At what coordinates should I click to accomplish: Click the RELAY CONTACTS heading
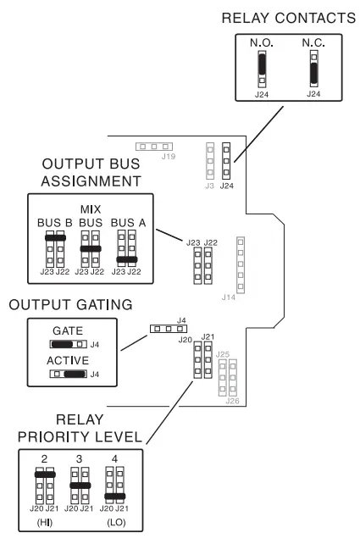[x=287, y=17]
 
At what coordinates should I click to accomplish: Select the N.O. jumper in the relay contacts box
[x=262, y=67]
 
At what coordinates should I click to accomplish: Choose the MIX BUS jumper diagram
[x=91, y=248]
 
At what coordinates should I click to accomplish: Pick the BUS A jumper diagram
[x=126, y=248]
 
